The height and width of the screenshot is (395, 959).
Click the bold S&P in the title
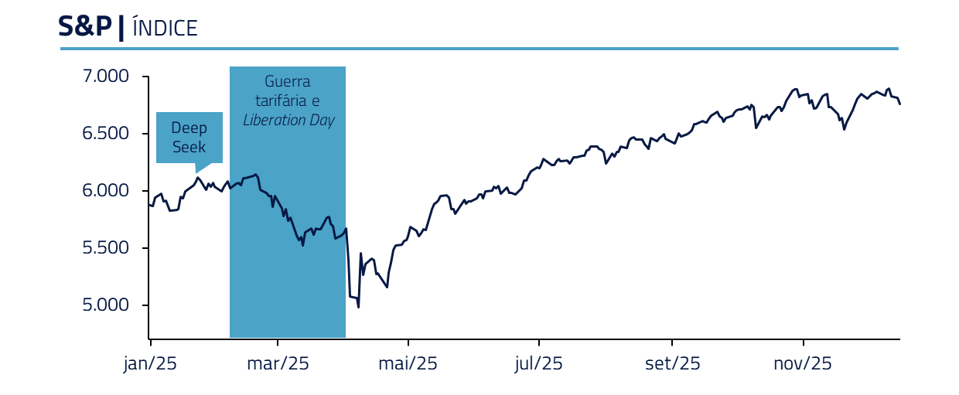(x=85, y=27)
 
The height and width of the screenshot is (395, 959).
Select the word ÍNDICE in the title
(x=165, y=29)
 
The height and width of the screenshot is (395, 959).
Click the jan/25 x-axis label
(x=150, y=363)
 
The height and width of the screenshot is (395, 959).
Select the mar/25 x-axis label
(x=278, y=363)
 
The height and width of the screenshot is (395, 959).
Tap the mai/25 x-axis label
(x=408, y=363)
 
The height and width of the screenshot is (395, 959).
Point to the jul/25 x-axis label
(x=538, y=363)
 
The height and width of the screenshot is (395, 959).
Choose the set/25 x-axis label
(x=673, y=363)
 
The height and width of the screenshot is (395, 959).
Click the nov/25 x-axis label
(x=803, y=363)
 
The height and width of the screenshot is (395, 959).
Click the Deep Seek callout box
(x=189, y=138)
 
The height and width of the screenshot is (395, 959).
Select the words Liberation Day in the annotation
(x=288, y=121)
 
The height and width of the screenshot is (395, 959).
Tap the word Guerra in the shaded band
(x=288, y=81)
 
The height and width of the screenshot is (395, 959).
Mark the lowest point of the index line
(x=358, y=307)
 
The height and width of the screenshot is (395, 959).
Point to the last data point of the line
(x=899, y=104)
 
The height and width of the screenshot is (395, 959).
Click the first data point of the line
(x=149, y=205)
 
